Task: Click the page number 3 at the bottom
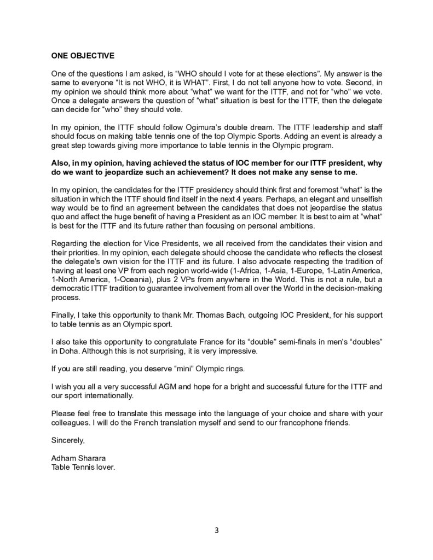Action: [x=217, y=530]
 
